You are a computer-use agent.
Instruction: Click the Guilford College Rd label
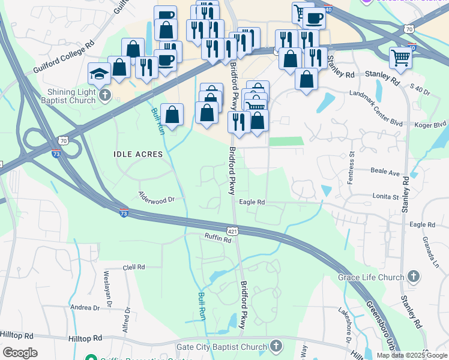point(65,53)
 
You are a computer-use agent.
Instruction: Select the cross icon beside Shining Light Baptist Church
point(105,95)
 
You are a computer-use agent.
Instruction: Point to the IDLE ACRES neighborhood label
point(138,154)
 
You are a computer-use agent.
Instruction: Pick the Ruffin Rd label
point(218,239)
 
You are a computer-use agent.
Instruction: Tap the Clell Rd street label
point(134,267)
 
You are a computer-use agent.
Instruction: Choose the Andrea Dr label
point(85,307)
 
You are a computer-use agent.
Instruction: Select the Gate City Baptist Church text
point(221,347)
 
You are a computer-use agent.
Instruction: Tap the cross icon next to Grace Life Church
point(413,277)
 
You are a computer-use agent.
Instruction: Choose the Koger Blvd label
point(431,124)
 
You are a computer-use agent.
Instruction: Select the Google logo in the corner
point(20,353)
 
